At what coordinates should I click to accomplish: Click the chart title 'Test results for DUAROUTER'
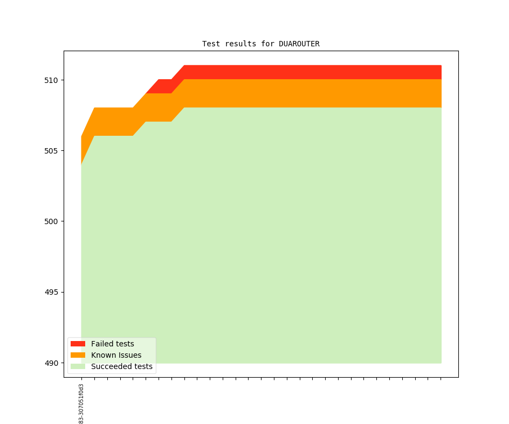tap(260, 44)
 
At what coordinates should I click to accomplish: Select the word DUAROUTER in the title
tap(299, 44)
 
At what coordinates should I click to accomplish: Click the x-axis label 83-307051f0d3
tap(81, 404)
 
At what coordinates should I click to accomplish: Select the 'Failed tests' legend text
tap(112, 344)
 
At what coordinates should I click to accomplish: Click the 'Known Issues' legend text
tap(116, 355)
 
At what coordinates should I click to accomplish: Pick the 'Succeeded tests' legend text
tap(121, 367)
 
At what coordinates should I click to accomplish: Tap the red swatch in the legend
tap(78, 344)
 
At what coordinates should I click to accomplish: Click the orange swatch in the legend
tap(78, 355)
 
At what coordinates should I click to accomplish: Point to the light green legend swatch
tap(78, 367)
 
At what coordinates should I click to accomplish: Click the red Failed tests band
tap(313, 72)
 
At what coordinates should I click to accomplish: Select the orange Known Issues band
tap(313, 93)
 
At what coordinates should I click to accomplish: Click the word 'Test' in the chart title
tap(211, 44)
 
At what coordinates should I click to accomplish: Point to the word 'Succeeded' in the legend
tap(110, 367)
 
